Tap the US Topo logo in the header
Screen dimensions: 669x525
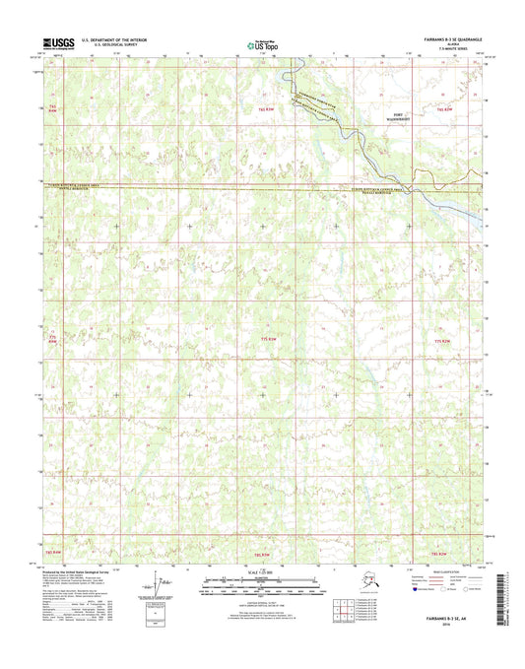point(262,43)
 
